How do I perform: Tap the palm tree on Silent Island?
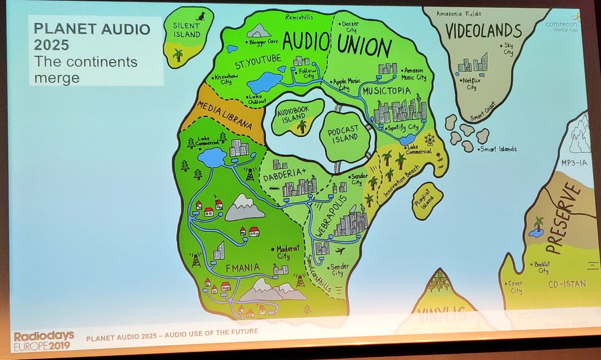[x=178, y=55]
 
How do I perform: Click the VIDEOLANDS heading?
[x=483, y=31]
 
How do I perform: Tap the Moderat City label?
[x=283, y=252]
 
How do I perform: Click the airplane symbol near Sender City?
[x=340, y=251]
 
